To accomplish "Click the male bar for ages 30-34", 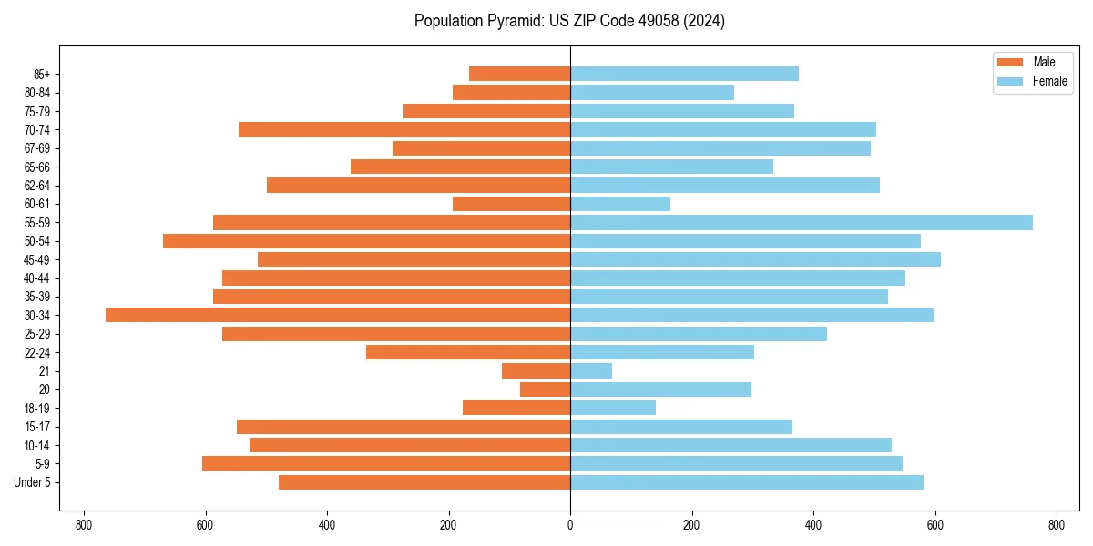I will (x=337, y=315).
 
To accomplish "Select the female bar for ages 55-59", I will (x=802, y=222).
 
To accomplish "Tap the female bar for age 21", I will (x=591, y=370).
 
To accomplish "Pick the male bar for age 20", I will (x=545, y=389).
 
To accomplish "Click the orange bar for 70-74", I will (x=404, y=129).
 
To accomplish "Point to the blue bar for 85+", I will (x=684, y=74).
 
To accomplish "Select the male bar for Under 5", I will (x=424, y=482).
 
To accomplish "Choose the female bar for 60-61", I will (x=620, y=204).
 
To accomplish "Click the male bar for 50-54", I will (x=366, y=241).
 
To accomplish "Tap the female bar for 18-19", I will (x=613, y=408).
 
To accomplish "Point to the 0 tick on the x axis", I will (x=570, y=525).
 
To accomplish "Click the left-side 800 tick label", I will (x=84, y=525).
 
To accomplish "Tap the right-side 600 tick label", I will (x=935, y=525).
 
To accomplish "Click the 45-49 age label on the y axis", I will (x=36, y=259).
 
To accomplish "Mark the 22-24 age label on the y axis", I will (x=36, y=352).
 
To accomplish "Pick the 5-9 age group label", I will (x=41, y=464).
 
